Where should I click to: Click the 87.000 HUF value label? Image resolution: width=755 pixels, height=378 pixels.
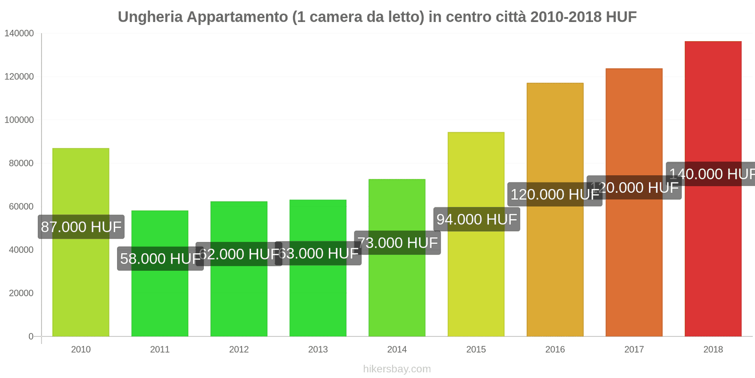81,227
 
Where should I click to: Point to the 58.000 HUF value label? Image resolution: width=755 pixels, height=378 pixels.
160,259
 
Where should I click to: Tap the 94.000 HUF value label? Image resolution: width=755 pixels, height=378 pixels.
477,220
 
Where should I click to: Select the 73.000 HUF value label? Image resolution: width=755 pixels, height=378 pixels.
397,243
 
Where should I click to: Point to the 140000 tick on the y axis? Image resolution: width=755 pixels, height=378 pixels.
19,34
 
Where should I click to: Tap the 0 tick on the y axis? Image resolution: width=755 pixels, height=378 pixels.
31,336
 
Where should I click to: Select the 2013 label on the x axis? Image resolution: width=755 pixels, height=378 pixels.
318,350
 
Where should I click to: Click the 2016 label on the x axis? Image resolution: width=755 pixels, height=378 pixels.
555,350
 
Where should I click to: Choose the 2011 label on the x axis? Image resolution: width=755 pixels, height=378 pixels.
160,350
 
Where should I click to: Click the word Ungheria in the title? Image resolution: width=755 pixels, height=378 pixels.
150,17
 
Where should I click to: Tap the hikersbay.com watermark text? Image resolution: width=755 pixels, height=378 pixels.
397,369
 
